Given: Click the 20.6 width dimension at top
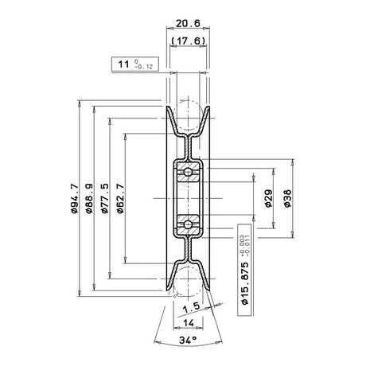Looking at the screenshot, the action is click(x=188, y=23).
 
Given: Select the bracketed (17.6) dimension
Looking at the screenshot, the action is click(x=188, y=41).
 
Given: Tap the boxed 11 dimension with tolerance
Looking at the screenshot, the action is click(x=135, y=64).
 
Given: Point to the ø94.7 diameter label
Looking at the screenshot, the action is click(x=75, y=198).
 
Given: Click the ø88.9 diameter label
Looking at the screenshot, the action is click(x=89, y=198).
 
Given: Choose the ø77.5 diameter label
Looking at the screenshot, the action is click(x=105, y=198).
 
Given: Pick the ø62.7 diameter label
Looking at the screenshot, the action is click(x=120, y=198).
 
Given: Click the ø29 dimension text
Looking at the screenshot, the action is click(x=268, y=198).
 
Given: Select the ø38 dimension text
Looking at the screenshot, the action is click(x=287, y=198).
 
